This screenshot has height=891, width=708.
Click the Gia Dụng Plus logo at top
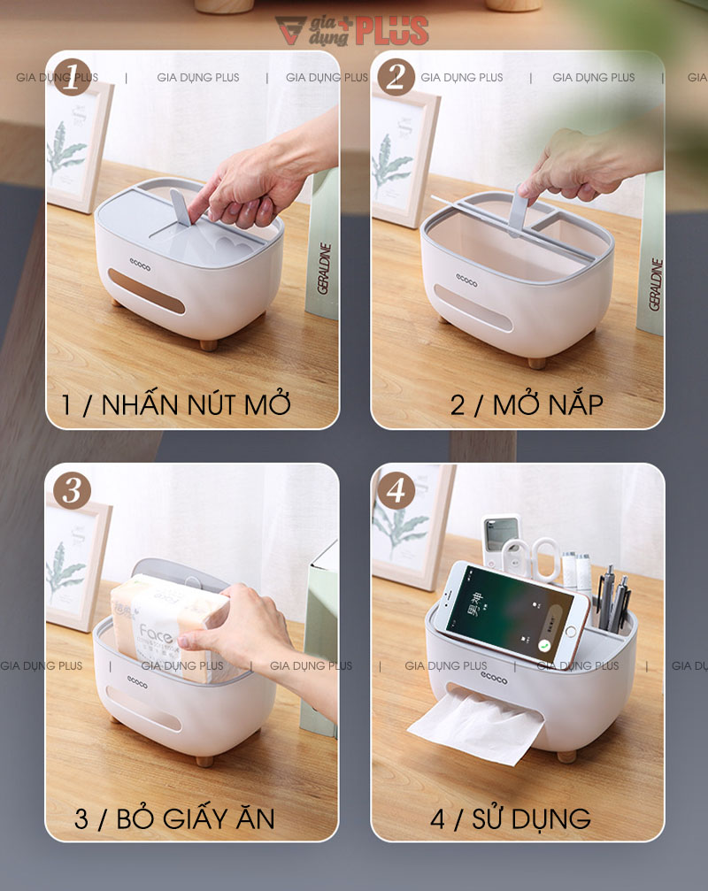(x=352, y=31)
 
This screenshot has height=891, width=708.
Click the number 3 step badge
(x=72, y=490)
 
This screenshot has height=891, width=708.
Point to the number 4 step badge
(x=396, y=490)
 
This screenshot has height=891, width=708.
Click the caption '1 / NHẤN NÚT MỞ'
(x=176, y=405)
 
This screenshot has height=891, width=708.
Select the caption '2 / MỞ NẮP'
(x=527, y=405)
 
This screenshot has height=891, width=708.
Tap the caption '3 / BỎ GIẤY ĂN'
(x=174, y=818)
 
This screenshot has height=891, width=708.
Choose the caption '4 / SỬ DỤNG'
(x=511, y=818)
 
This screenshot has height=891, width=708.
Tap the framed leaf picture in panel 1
(x=78, y=146)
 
